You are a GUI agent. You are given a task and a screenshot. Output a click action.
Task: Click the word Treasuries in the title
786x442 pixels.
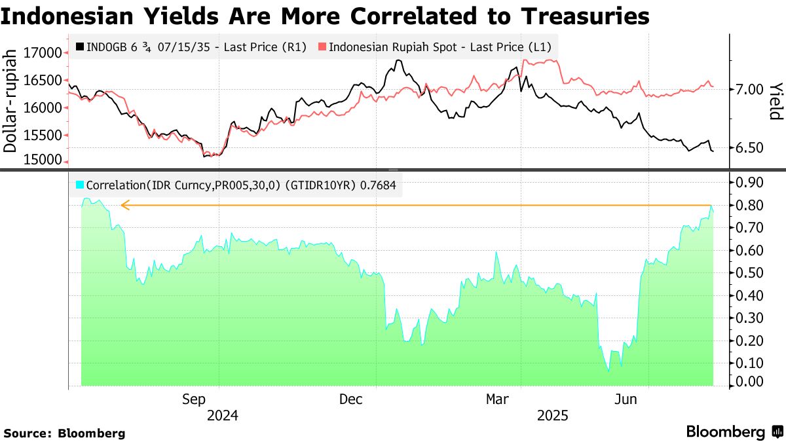click(571, 15)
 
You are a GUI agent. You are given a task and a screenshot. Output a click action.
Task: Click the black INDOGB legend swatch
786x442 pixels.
click(80, 47)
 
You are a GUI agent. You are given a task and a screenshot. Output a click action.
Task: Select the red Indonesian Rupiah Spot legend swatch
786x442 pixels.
click(322, 47)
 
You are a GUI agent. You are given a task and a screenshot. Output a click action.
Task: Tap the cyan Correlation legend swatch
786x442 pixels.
click(80, 186)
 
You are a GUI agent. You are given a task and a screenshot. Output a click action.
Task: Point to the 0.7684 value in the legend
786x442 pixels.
click(376, 186)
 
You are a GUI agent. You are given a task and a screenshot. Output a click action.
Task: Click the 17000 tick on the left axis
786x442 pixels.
click(43, 52)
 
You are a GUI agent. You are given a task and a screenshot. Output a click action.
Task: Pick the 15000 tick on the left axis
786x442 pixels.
click(43, 160)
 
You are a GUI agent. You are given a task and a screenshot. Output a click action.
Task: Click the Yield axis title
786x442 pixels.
click(776, 101)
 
